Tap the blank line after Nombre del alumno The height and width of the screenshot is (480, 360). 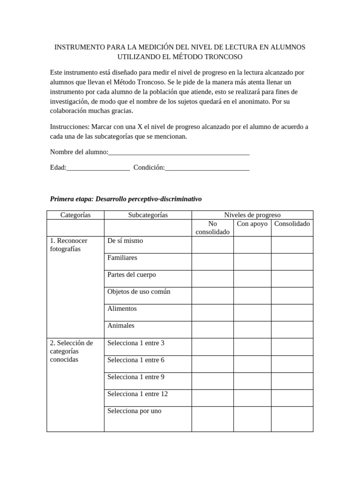[x=179, y=153]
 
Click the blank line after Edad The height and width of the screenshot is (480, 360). [x=98, y=168]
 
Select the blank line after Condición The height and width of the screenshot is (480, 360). [x=207, y=168]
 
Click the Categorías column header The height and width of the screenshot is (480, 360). [x=75, y=215]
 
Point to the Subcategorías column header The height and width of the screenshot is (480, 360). [x=148, y=215]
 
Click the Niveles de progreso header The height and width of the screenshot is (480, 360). [x=252, y=215]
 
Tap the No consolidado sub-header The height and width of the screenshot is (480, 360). [x=212, y=228]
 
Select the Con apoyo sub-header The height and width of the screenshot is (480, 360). [x=252, y=224]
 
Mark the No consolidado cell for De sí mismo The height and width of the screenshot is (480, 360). [x=212, y=245]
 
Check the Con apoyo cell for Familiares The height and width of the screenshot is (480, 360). [x=252, y=262]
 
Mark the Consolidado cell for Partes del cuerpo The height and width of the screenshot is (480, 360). [x=292, y=278]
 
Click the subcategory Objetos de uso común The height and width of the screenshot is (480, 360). [x=139, y=292]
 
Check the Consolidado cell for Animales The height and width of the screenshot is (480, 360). [x=292, y=330]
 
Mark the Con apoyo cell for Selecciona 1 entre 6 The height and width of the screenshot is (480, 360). [x=252, y=364]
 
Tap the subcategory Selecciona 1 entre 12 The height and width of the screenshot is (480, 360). [x=137, y=394]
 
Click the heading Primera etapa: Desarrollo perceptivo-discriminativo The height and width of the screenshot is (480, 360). [x=126, y=199]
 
